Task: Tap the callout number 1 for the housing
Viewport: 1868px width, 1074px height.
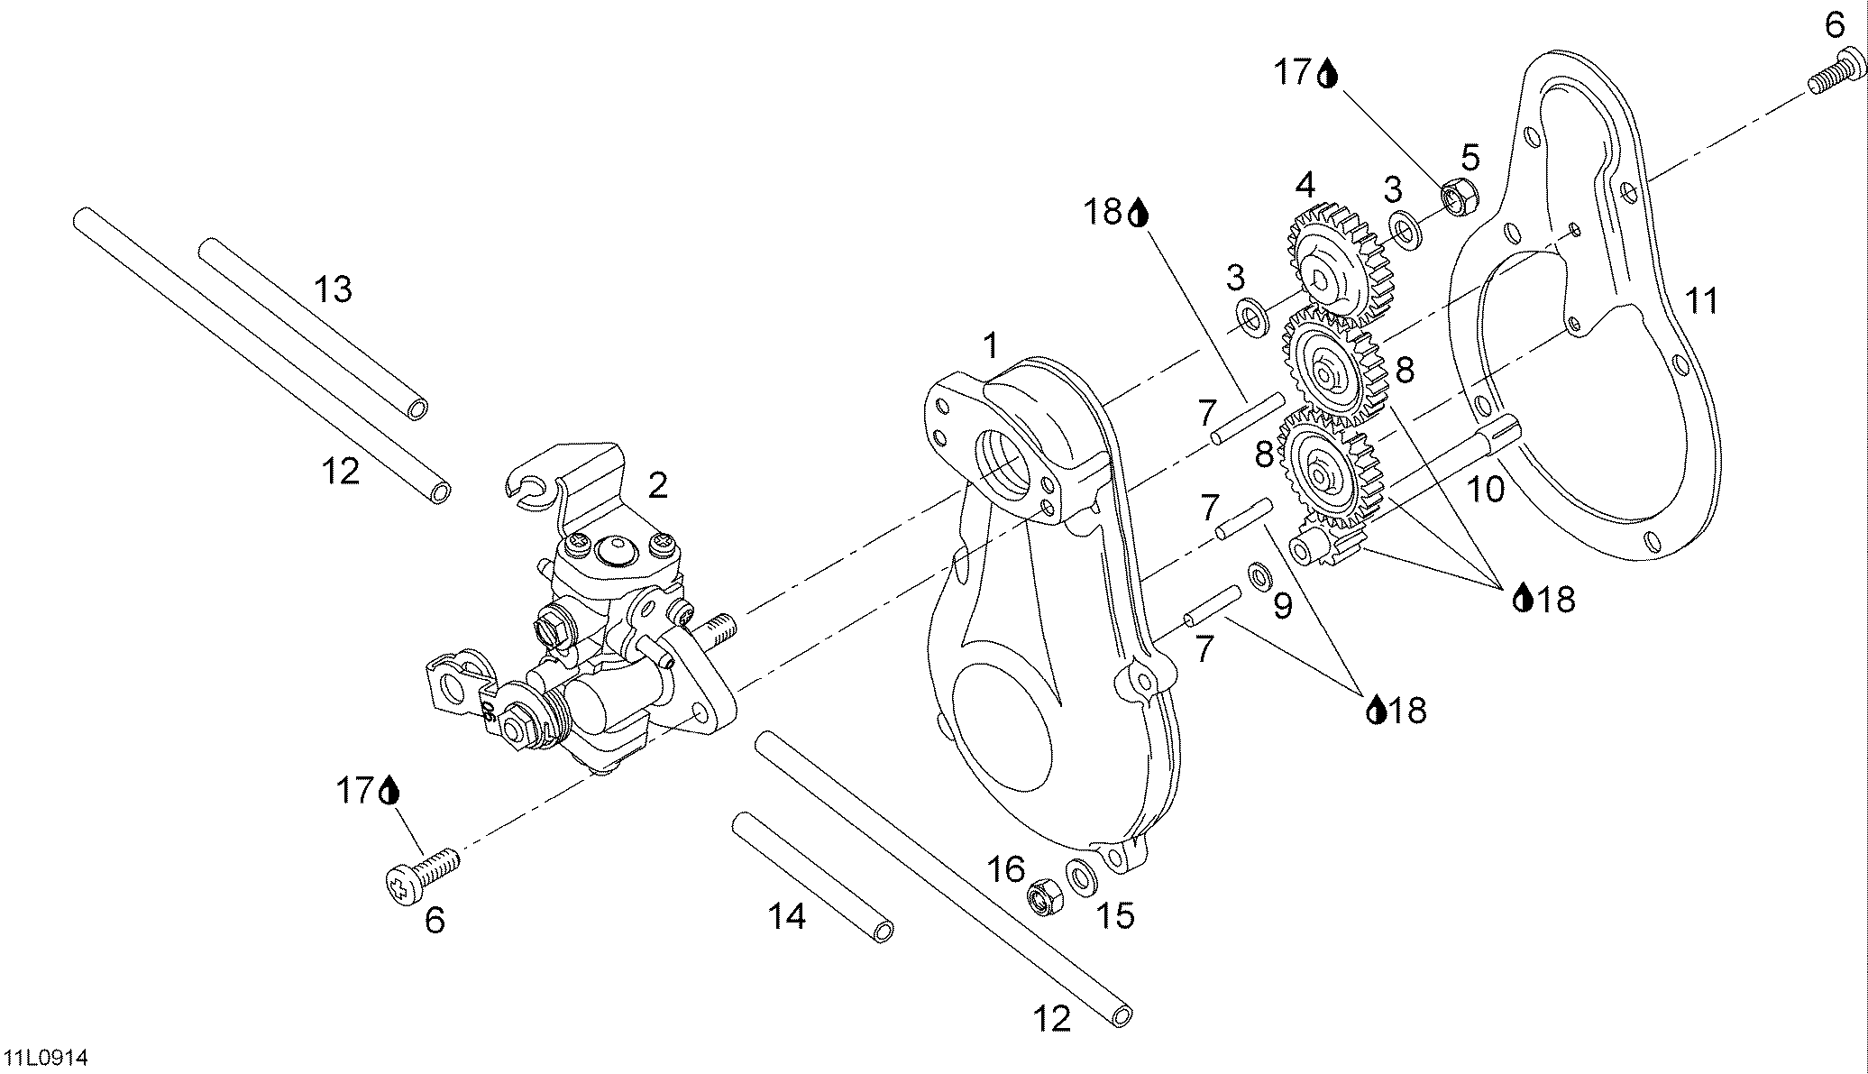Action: [x=991, y=344]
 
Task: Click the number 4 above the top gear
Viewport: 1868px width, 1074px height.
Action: [x=1305, y=186]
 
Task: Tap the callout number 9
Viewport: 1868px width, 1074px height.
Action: [x=1282, y=606]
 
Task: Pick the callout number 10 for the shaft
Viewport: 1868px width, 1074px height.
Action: [x=1485, y=490]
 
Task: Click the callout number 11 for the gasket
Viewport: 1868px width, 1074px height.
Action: [x=1701, y=300]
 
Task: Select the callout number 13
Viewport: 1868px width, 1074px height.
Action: [x=333, y=289]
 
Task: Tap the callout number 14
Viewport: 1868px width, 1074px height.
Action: [x=787, y=916]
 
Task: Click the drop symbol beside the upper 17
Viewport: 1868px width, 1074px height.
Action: [x=1328, y=73]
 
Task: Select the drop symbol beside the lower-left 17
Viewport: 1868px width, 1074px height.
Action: [x=389, y=791]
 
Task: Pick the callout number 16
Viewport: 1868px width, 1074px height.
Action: [x=1006, y=870]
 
